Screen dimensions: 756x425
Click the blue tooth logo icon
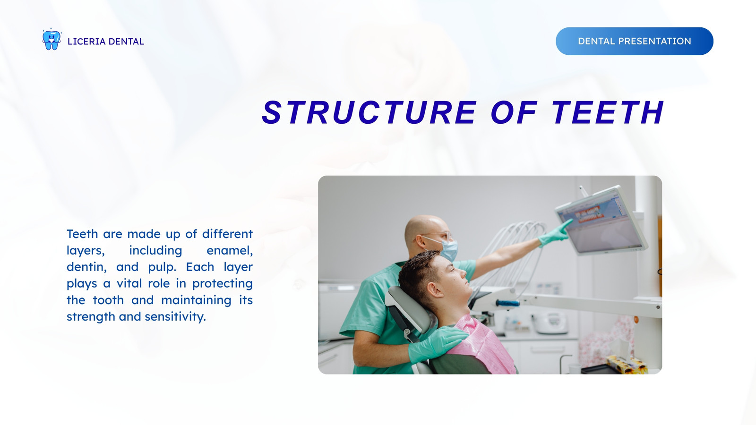click(x=52, y=39)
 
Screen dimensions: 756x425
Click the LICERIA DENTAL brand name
click(x=106, y=42)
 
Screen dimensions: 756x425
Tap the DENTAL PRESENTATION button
click(x=635, y=41)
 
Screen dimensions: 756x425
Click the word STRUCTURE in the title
click(x=369, y=112)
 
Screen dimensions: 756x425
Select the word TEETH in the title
click(x=607, y=112)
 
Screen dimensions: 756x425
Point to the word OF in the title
click(x=514, y=112)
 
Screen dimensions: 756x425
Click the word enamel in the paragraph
click(x=230, y=251)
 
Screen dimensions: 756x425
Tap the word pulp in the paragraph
click(x=162, y=267)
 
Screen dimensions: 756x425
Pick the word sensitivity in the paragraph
click(x=175, y=317)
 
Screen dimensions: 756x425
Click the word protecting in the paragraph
click(x=223, y=284)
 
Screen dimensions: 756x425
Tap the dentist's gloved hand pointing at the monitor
click(x=555, y=233)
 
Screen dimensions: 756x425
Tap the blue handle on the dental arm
click(x=507, y=303)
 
